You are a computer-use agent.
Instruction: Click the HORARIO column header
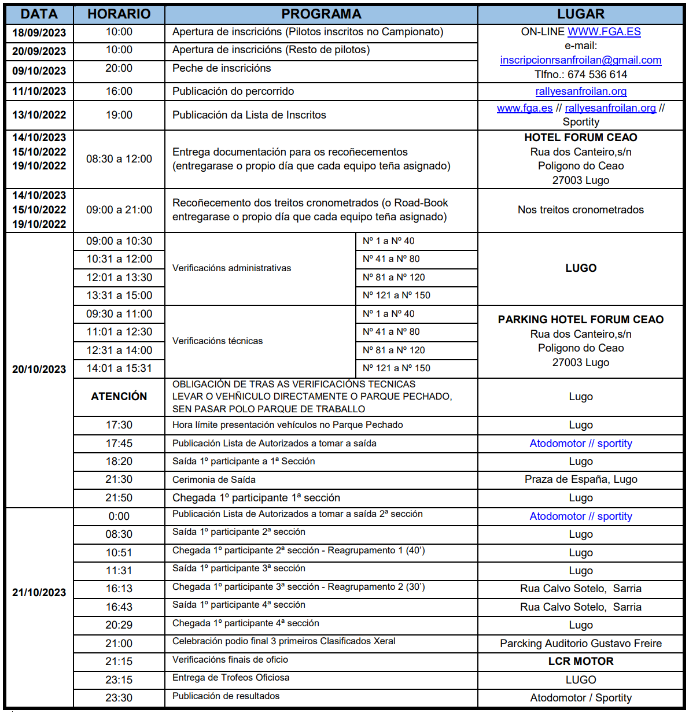pos(119,14)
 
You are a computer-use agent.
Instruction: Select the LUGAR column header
pos(580,14)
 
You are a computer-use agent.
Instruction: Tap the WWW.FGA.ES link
pos(604,32)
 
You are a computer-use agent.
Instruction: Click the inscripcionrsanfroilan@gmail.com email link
pos(580,60)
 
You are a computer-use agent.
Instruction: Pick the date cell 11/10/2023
pos(39,91)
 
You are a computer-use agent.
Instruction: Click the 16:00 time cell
pos(119,91)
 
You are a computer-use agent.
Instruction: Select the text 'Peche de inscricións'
pos(222,68)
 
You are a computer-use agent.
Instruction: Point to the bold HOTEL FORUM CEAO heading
pos(580,138)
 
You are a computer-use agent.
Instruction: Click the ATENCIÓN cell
pos(119,397)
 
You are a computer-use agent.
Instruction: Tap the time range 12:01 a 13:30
pos(119,278)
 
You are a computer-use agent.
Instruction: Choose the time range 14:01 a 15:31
pos(119,368)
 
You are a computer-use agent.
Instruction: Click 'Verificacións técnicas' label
pos(218,341)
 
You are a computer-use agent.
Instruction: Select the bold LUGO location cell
pos(580,268)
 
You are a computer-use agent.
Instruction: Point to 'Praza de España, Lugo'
pos(580,479)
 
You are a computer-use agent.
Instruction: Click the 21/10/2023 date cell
pos(39,593)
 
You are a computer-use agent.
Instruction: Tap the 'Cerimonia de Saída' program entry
pos(214,480)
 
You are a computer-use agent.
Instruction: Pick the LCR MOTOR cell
pos(580,662)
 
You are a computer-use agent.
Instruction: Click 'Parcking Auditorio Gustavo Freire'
pos(580,644)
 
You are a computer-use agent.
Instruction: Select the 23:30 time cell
pos(119,698)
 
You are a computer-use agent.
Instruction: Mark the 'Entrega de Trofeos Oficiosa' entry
pos(231,678)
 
